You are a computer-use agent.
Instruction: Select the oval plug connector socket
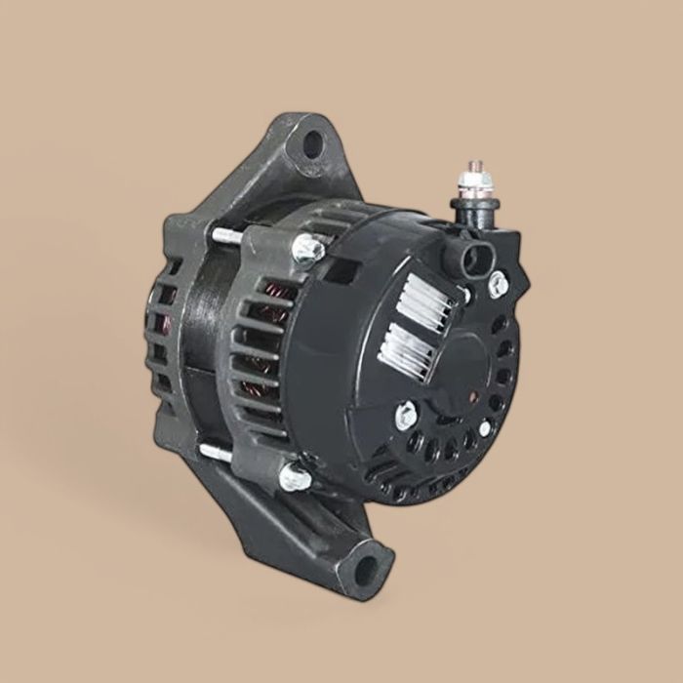(471, 258)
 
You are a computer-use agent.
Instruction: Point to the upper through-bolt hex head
(307, 251)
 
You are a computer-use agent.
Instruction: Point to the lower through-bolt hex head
(294, 476)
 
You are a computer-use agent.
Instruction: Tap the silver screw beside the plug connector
(499, 284)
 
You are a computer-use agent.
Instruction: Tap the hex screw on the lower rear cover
(406, 417)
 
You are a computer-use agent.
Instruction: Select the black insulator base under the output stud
(475, 209)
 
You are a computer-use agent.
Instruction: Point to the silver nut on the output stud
(476, 185)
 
